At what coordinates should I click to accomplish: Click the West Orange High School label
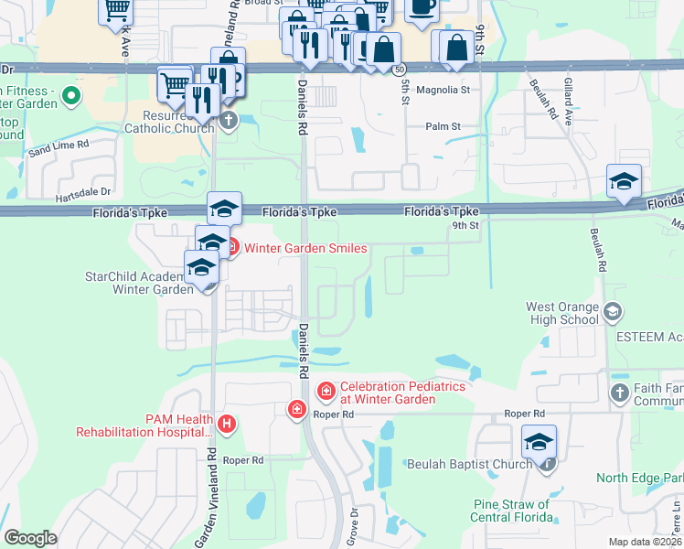pos(562,313)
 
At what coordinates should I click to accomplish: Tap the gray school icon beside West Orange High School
pos(613,313)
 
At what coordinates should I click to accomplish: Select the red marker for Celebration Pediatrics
pos(326,392)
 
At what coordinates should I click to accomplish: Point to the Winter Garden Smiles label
pos(305,248)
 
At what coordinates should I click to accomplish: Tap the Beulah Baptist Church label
pos(469,464)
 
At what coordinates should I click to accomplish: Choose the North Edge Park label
pos(639,478)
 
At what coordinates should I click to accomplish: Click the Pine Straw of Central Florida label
pos(511,511)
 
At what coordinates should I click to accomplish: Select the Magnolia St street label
pos(442,91)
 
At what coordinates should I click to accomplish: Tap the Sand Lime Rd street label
pos(58,145)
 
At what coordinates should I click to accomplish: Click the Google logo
pos(30,537)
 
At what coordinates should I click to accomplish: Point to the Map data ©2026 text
pos(645,542)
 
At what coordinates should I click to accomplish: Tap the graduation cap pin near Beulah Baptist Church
pos(539,441)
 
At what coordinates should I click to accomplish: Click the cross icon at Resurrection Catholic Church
pos(228,121)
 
